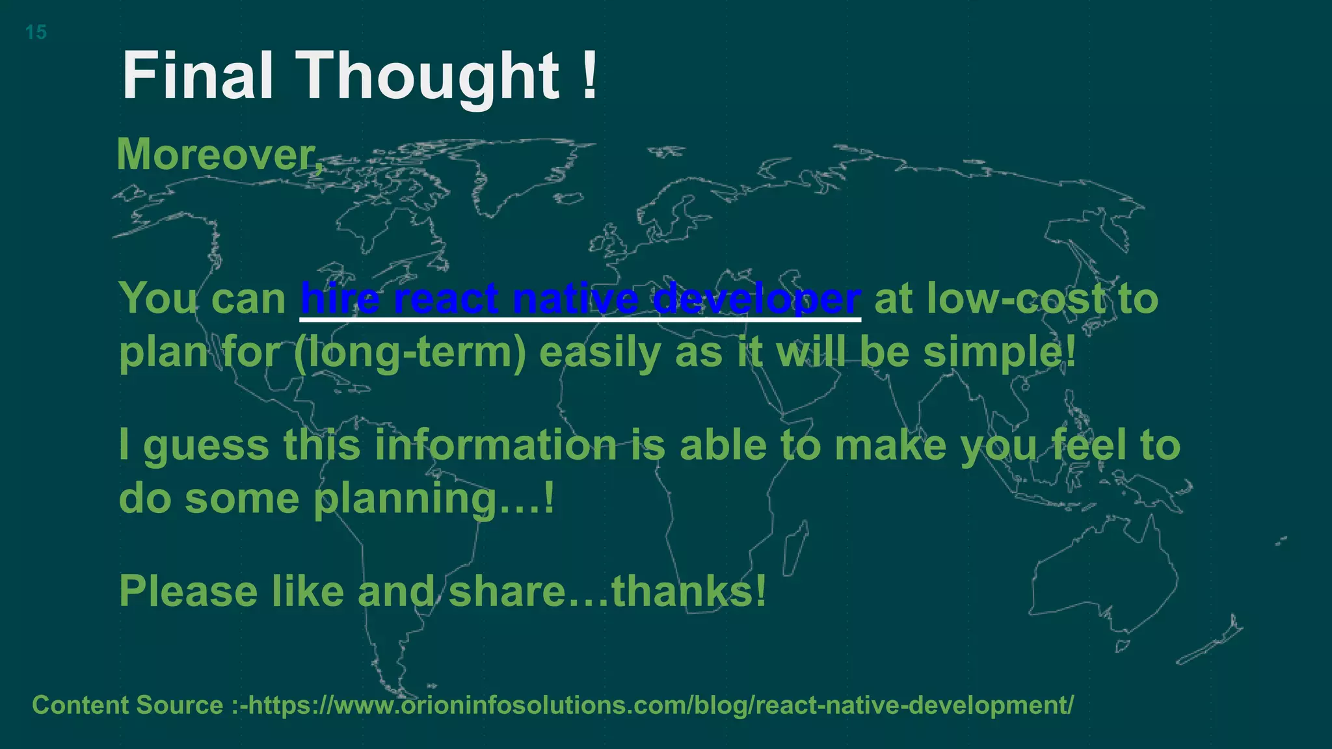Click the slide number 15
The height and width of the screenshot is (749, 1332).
[36, 32]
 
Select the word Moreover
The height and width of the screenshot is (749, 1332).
[219, 155]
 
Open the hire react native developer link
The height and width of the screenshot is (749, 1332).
[580, 299]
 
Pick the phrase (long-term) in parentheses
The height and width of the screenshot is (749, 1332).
[410, 353]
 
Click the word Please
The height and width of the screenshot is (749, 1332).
[189, 592]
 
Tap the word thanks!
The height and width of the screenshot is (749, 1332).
[689, 592]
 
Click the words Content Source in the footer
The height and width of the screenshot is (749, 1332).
[127, 705]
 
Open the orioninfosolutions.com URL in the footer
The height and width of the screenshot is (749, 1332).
[660, 705]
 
